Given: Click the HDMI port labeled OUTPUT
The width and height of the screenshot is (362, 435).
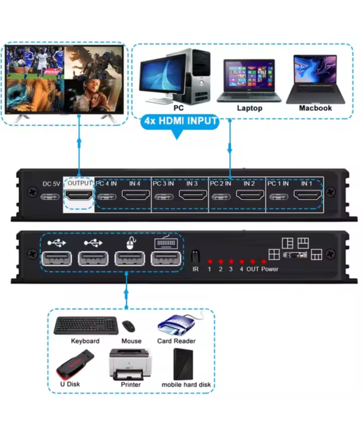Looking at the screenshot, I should (80, 196).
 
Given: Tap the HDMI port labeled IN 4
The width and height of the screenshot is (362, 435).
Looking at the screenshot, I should (135, 196).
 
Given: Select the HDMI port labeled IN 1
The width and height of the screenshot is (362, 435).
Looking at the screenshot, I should (306, 196).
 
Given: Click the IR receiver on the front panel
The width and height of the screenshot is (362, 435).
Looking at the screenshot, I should (195, 256).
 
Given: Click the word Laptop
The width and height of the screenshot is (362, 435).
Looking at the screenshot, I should (249, 108).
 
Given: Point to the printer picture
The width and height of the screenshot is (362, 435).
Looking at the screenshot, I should (130, 363).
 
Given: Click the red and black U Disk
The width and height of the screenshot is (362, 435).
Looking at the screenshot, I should (73, 362).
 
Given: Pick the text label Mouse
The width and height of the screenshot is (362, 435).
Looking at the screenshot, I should (131, 341).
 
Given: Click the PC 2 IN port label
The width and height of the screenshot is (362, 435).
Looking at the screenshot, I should (220, 183).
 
